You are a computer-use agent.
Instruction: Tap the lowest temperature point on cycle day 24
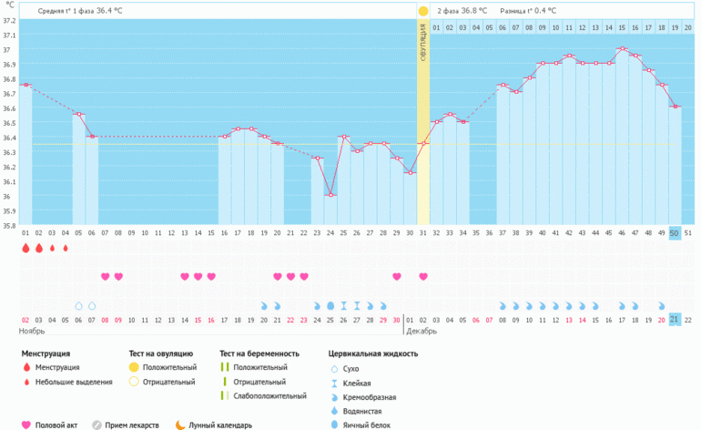pos(330,195)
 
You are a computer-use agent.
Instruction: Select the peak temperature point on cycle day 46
pos(622,49)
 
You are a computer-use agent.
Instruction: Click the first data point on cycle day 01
pos(25,85)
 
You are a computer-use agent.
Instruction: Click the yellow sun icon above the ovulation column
pos(422,11)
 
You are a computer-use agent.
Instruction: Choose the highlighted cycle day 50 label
pos(675,234)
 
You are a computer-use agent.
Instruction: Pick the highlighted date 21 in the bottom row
pos(675,319)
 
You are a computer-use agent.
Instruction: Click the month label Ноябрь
pos(32,331)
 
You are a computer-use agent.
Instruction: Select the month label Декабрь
pos(422,331)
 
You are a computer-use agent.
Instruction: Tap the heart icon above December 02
pos(423,276)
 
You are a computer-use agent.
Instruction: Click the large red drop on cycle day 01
pos(25,248)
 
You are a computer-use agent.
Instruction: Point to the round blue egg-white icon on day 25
pos(330,305)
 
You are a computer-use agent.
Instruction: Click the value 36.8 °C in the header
pos(474,11)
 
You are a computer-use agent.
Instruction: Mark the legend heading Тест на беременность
pos(259,353)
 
